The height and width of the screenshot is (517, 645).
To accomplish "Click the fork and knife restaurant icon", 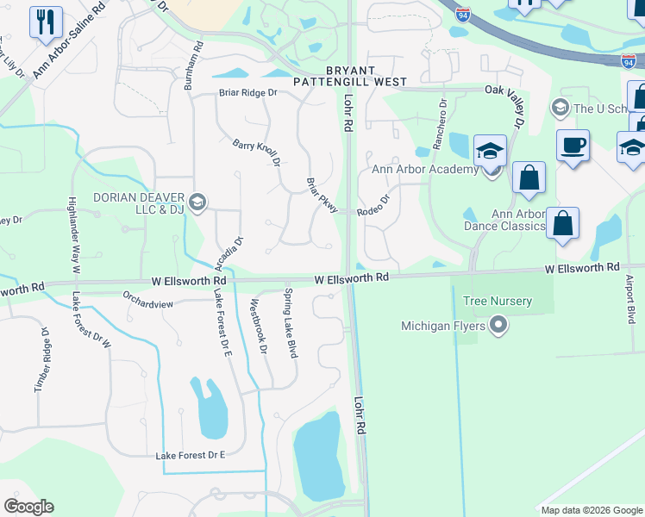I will pos(45,22).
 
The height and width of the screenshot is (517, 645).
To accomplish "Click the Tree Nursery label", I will pos(498,302).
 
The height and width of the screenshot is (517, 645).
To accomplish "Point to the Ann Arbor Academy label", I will pos(424,169).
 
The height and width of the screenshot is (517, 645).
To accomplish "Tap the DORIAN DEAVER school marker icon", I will pos(197,202).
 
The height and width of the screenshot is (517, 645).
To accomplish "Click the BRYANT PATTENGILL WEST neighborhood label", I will pos(349,76).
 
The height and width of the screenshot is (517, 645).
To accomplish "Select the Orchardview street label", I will pos(147,303).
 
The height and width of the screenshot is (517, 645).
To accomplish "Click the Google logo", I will pos(28,507).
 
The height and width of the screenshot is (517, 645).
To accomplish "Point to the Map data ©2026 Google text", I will pos(592,510).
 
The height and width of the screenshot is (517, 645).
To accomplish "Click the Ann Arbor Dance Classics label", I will pos(518,220).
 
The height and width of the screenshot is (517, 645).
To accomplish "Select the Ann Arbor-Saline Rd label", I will pos(69,40).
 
